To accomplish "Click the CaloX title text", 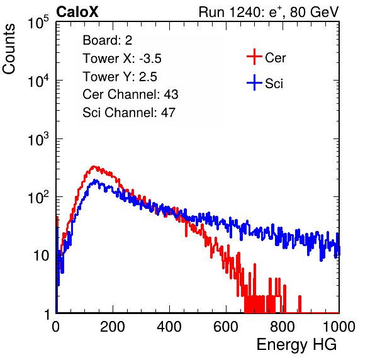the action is click(x=77, y=12).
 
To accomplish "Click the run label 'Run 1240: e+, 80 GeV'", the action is click(x=269, y=12).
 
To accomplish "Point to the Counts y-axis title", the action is click(x=9, y=49).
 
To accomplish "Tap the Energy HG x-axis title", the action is click(x=296, y=345).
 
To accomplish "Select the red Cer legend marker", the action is click(x=254, y=57).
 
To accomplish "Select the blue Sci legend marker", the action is click(x=254, y=83).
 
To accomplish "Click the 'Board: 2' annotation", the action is click(x=108, y=40).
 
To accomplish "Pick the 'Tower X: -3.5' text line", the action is click(x=122, y=59).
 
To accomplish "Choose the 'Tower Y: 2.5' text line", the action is click(x=120, y=77).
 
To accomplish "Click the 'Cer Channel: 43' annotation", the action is click(x=130, y=94).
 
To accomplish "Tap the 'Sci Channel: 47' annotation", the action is click(x=129, y=113).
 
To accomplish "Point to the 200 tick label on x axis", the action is click(x=113, y=326).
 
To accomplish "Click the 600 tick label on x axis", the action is click(x=226, y=326).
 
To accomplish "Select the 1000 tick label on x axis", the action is click(x=339, y=326).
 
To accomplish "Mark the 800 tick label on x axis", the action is click(x=283, y=326).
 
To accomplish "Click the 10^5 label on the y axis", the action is click(x=38, y=23).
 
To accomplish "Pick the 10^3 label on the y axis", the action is click(x=38, y=139).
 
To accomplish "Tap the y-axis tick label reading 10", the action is click(x=41, y=256).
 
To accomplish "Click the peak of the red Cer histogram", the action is click(x=94, y=166).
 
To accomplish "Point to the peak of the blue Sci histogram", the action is click(x=95, y=180).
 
